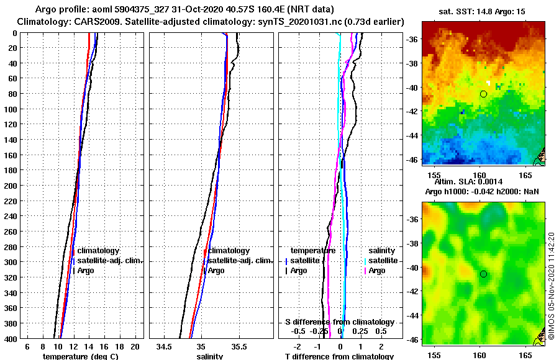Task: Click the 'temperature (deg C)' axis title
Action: pos(80,356)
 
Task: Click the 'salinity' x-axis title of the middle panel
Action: pos(210,356)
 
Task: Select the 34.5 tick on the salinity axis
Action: pos(165,346)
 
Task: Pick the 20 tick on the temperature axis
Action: pos(135,346)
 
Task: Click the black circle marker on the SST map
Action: pos(483,94)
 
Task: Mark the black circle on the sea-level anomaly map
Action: pos(483,274)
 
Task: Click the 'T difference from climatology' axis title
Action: pos(339,356)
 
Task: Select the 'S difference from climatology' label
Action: pos(339,322)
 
